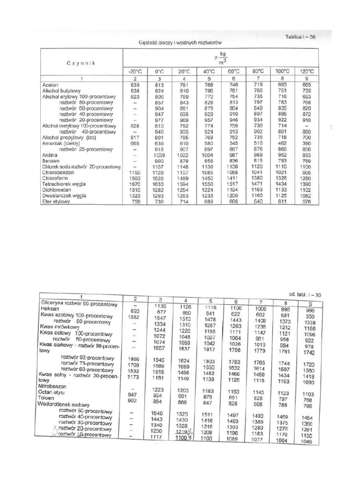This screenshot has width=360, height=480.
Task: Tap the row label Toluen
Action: [x=48, y=397]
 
